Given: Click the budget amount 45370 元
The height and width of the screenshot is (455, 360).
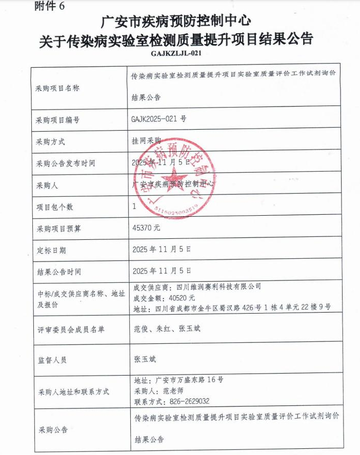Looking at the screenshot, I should click(x=146, y=228).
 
